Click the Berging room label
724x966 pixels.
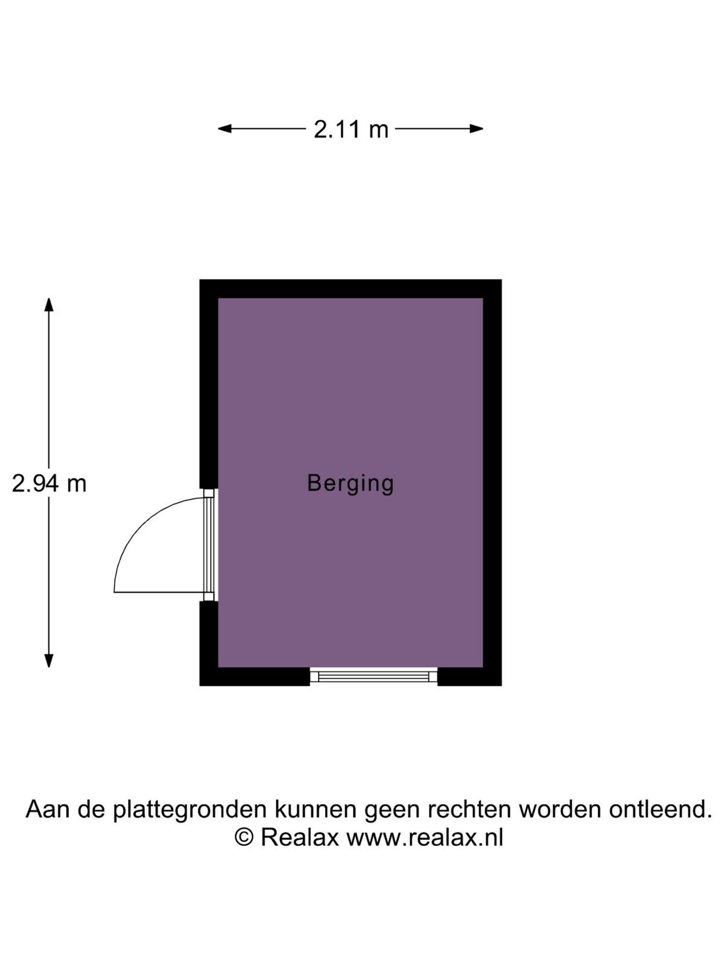(350, 484)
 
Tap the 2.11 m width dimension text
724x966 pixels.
(351, 130)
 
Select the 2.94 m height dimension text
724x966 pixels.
(49, 484)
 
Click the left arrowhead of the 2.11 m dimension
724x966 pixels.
(224, 129)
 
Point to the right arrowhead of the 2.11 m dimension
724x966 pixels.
(477, 129)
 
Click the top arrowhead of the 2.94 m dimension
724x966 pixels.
(49, 304)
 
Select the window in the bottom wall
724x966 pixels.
(373, 676)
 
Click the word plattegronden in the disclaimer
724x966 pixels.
(190, 810)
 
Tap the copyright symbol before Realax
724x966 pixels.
(244, 837)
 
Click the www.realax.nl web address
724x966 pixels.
(425, 837)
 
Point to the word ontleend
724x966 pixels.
(660, 809)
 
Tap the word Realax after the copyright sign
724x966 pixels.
(300, 837)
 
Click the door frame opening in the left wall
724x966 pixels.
(209, 545)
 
